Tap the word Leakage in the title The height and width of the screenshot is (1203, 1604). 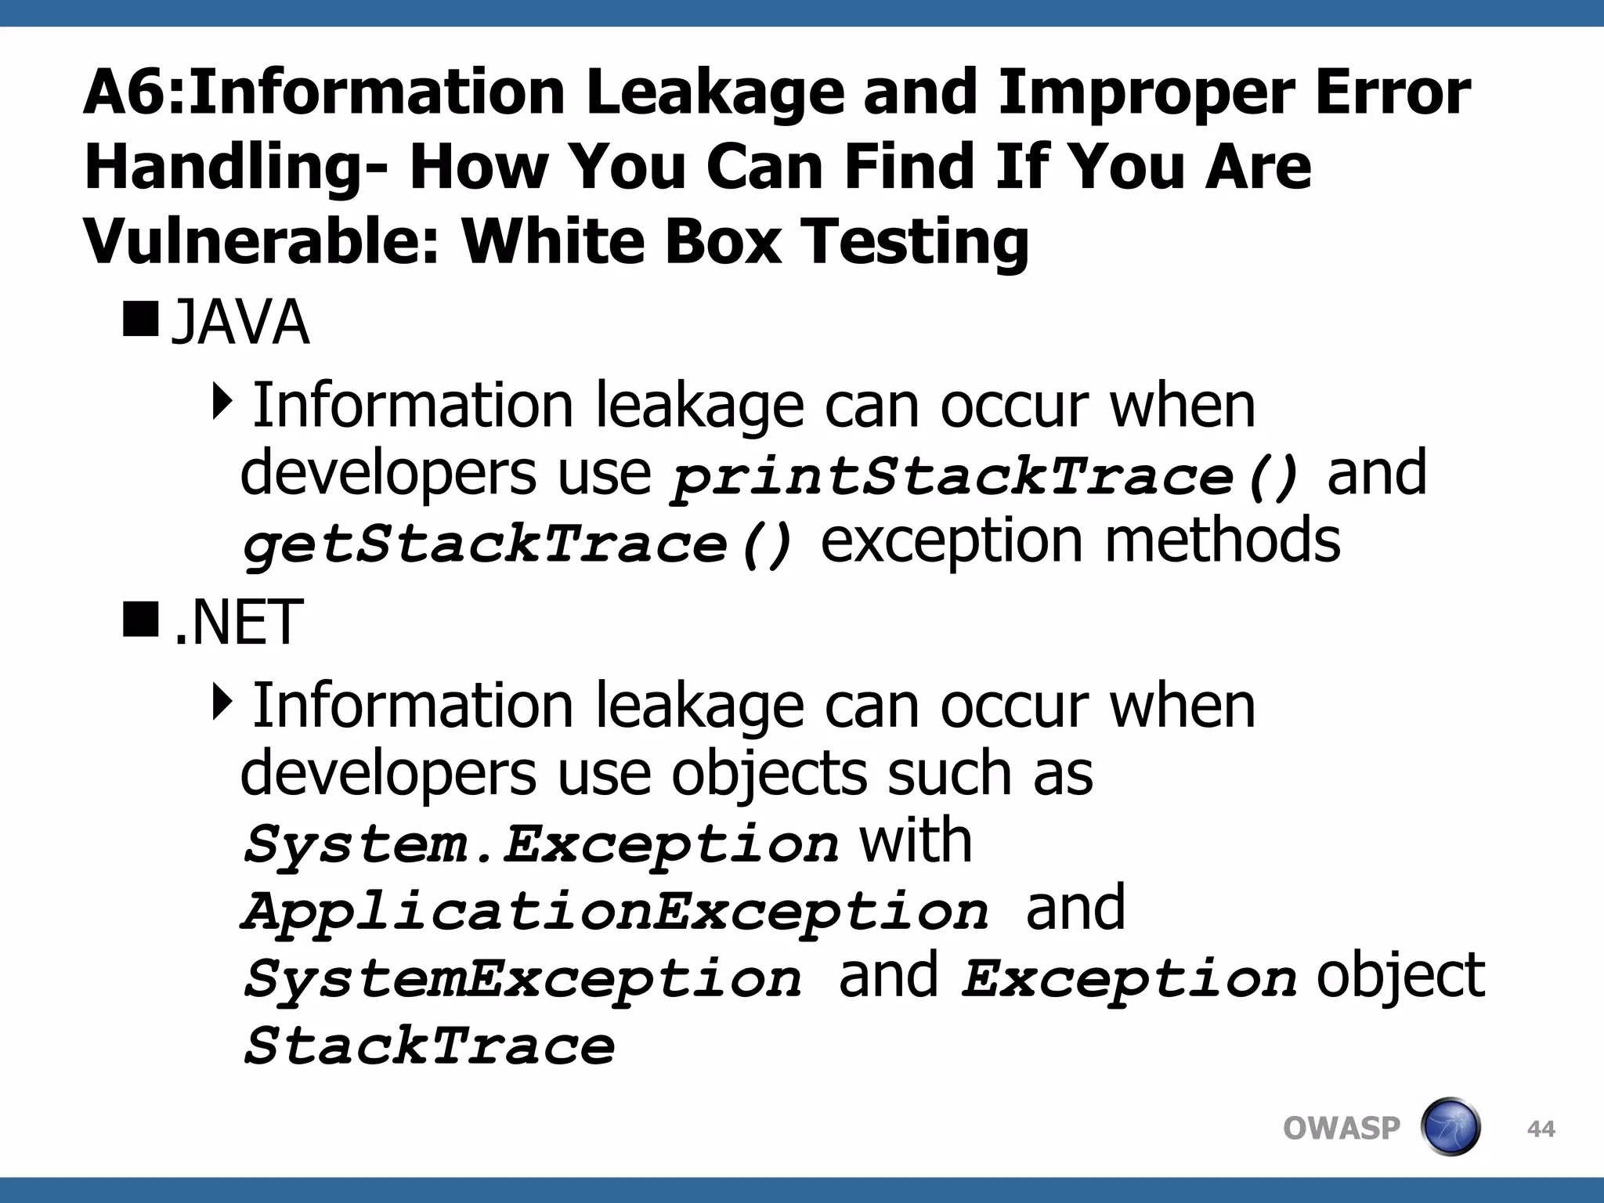tap(714, 92)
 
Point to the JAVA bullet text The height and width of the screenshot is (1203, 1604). tap(240, 323)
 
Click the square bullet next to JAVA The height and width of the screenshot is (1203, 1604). tap(140, 317)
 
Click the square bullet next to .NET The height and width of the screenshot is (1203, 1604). tap(140, 618)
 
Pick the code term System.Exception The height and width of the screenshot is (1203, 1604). tap(540, 844)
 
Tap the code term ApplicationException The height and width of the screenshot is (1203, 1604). tap(615, 912)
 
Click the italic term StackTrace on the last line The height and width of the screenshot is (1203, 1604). tap(429, 1046)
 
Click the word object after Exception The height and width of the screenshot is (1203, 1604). tap(1400, 976)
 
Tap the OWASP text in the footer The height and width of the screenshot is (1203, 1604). tap(1341, 1129)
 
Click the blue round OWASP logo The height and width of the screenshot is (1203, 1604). tap(1450, 1127)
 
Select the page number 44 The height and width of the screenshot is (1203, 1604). tap(1541, 1129)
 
